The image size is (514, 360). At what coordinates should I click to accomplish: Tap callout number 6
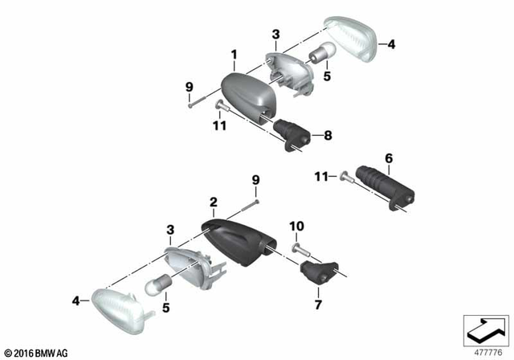point(388,159)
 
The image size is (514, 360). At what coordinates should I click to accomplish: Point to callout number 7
point(318,306)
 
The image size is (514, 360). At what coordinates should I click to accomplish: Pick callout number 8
point(327,137)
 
